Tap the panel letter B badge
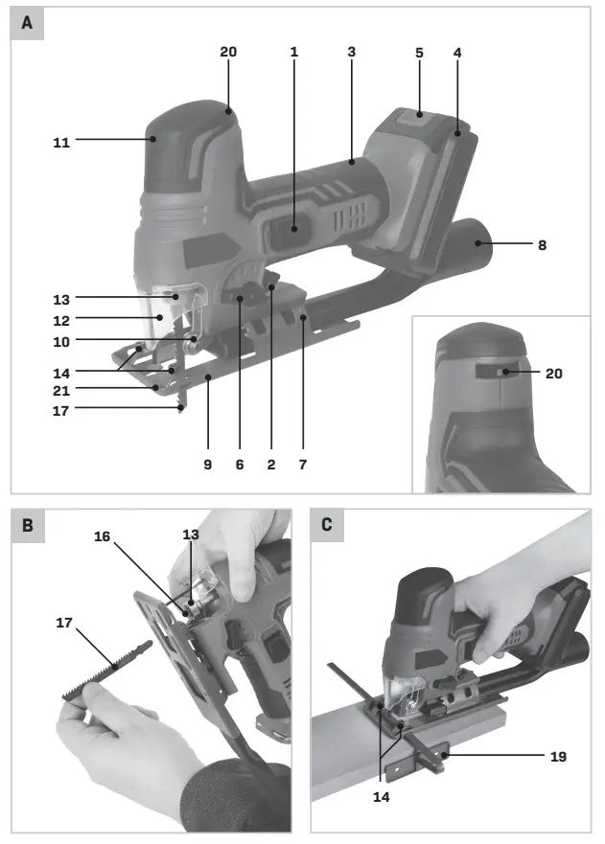[x=27, y=526]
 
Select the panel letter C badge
[x=328, y=526]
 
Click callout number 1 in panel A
[x=294, y=52]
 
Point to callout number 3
[x=352, y=52]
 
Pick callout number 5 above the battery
[x=419, y=53]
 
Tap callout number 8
[x=542, y=245]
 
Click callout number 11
[x=61, y=141]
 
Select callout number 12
[x=61, y=318]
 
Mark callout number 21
[x=61, y=388]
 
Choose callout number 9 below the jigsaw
[x=208, y=465]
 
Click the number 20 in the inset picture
[x=553, y=375]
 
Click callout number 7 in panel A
[x=304, y=465]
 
